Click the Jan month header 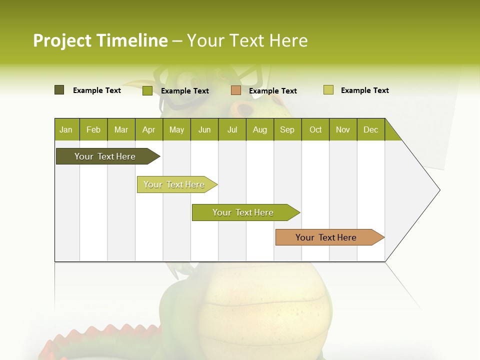[66, 129]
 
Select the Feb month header [93, 129]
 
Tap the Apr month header [148, 129]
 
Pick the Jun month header [204, 129]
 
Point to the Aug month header [259, 129]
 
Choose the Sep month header [287, 129]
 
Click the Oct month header [315, 129]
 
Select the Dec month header [370, 129]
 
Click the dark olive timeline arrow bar [105, 156]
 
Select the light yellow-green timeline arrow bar [174, 184]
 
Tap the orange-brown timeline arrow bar [326, 237]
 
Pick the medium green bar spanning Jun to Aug [243, 212]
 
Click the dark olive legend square [59, 90]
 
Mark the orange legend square [236, 90]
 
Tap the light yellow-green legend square [328, 90]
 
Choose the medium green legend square [147, 90]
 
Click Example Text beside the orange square [272, 90]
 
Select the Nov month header [343, 129]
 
